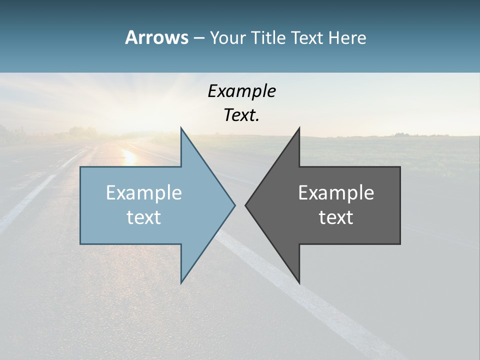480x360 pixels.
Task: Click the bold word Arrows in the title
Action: (x=156, y=37)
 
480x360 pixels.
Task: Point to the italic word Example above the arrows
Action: (x=241, y=91)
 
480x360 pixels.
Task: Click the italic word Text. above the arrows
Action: (x=241, y=115)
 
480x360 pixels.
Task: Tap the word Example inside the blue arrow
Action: (x=144, y=193)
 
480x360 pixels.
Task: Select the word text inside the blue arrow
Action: (x=144, y=217)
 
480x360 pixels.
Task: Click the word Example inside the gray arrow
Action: (x=336, y=193)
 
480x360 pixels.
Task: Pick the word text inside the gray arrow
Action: (x=336, y=217)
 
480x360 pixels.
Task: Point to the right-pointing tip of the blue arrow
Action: (x=234, y=205)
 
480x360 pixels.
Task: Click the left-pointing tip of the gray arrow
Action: (x=245, y=205)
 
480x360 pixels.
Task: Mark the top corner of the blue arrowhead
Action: (x=181, y=128)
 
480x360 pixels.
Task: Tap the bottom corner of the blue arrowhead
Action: (x=181, y=283)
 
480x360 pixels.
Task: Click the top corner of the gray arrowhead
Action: (x=299, y=128)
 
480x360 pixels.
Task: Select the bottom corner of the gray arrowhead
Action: (x=299, y=283)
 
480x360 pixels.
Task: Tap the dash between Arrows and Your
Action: (x=198, y=38)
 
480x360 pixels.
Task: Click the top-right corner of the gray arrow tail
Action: (x=400, y=167)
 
